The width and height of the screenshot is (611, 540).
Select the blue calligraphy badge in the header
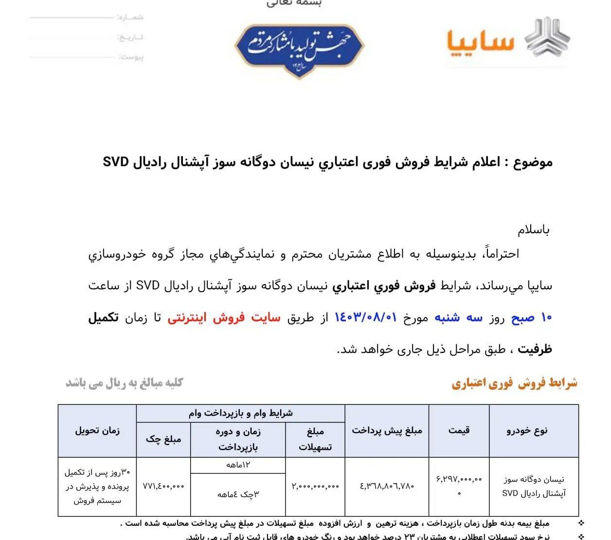(299, 47)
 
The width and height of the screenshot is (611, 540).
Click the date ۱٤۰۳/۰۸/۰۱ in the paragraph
(366, 318)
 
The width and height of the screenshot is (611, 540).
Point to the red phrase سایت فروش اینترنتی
(224, 318)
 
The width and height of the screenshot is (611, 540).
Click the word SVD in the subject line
(115, 162)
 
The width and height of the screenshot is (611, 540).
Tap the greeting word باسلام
(533, 230)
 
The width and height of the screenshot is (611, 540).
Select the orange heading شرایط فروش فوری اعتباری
(514, 383)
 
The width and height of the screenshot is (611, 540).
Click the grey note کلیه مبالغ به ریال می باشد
(125, 383)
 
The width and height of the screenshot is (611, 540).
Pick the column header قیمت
(459, 430)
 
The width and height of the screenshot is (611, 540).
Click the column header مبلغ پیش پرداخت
(387, 430)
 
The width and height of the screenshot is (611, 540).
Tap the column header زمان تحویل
(97, 430)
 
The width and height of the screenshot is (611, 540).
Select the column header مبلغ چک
(163, 439)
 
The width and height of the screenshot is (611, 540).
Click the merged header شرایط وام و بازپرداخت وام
(241, 413)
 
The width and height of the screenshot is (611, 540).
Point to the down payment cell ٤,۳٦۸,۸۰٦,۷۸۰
(387, 486)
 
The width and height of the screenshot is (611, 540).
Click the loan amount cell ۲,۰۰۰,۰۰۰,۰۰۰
(315, 486)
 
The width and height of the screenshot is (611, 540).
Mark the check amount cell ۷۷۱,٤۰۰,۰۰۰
(163, 486)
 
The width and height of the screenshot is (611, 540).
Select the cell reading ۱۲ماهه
(238, 465)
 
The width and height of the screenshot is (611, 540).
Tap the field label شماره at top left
(131, 17)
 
